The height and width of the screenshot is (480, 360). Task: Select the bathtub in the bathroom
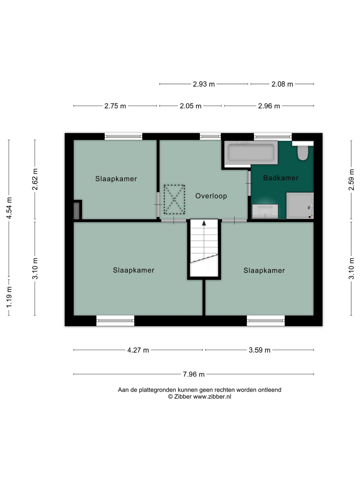coord(251,152)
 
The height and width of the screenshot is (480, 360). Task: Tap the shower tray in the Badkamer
coord(300,206)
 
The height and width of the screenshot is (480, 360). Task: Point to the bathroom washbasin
coord(265,211)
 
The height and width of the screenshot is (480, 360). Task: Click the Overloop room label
coord(211,196)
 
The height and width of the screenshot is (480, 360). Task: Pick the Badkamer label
coord(281,178)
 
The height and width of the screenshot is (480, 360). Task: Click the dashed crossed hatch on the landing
coord(174,199)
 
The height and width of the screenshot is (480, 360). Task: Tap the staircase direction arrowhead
coord(204,223)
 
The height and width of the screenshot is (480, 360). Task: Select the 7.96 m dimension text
coord(194,374)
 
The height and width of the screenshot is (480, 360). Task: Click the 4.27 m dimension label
coord(138,350)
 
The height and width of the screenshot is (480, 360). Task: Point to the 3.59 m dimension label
coord(259,350)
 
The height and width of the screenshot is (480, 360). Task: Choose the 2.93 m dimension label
coord(203,84)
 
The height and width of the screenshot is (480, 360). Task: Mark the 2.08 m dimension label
coord(282,84)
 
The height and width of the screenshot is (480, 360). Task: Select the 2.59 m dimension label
coord(351,180)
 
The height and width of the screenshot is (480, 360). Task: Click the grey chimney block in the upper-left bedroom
coord(76,211)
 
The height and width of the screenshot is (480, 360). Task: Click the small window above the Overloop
coord(210,136)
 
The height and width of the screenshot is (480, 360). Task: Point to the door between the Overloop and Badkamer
coord(249,183)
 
